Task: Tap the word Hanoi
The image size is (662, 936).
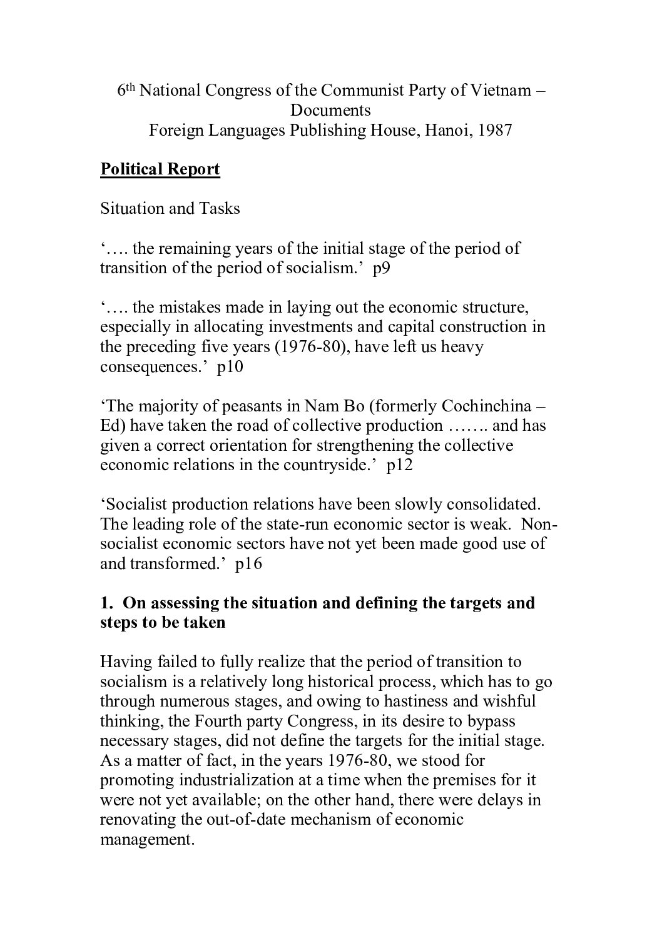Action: [444, 131]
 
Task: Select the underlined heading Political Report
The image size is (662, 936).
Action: [160, 169]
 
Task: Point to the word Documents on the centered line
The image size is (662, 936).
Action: [330, 111]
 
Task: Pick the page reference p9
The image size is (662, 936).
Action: [381, 268]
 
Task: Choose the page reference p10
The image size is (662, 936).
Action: [230, 366]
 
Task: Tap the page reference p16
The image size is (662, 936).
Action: [248, 563]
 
